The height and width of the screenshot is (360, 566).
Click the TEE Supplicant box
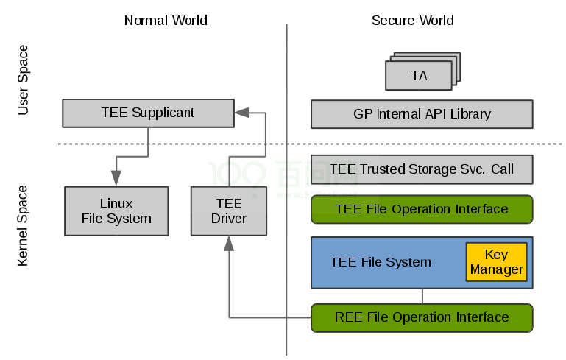point(147,113)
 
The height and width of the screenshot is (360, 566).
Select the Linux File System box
point(116,211)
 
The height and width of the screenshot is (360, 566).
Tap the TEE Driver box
point(228,211)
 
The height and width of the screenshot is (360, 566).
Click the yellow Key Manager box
point(497,261)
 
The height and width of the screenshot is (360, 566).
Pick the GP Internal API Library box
point(421,114)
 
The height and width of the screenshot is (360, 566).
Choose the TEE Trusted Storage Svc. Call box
point(421,169)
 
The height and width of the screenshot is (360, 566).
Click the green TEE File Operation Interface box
point(421,209)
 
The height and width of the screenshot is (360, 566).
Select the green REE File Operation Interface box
point(421,317)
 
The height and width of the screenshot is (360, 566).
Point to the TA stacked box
point(420,75)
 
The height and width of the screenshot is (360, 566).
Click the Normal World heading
point(166,20)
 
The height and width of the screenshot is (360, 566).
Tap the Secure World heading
point(412,20)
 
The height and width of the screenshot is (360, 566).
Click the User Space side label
point(23,80)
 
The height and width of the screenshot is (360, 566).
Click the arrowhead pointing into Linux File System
point(116,179)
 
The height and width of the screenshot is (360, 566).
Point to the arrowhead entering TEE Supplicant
point(241,113)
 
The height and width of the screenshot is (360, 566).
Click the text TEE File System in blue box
point(381,262)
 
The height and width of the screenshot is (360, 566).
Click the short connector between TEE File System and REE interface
point(422,296)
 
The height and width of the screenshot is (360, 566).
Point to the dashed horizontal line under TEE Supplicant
point(177,144)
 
